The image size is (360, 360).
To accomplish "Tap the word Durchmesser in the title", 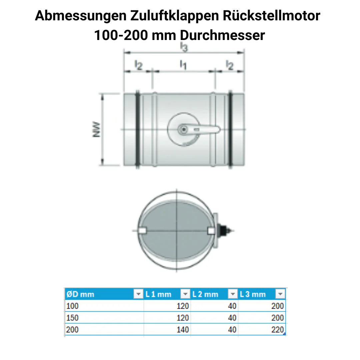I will [x=222, y=35].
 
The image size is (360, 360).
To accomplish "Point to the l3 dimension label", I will [x=184, y=47].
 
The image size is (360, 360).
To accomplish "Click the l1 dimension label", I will [x=183, y=64].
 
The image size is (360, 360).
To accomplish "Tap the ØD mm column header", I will [x=80, y=294].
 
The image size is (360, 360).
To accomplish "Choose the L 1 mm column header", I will [x=158, y=294].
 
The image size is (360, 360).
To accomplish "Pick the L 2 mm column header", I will [x=205, y=294].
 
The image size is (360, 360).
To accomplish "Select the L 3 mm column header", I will [x=253, y=294].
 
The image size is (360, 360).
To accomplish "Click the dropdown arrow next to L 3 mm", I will [x=280, y=294].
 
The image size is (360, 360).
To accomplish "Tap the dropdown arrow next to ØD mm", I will [x=138, y=294].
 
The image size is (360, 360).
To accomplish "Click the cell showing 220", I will [x=277, y=330].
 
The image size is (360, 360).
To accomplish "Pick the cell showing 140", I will [x=182, y=330].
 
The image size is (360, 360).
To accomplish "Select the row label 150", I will [x=73, y=318].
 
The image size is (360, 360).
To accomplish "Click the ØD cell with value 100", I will [x=73, y=306].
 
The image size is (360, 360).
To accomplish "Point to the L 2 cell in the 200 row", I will [x=232, y=330].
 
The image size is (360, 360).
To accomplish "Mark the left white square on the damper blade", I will [x=142, y=231].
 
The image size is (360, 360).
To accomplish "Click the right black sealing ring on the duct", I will [x=230, y=130].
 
